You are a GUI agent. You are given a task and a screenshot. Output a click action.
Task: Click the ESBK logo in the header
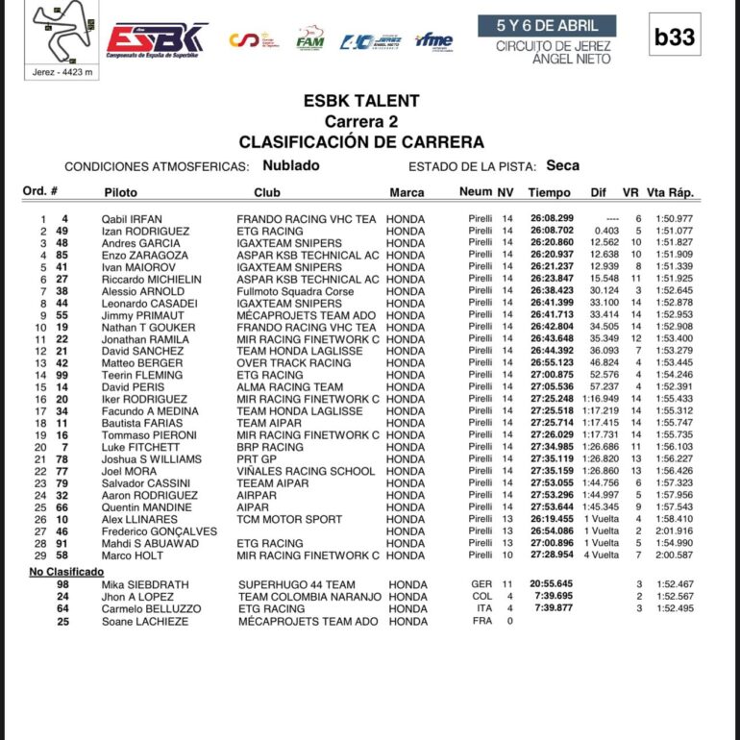(x=157, y=38)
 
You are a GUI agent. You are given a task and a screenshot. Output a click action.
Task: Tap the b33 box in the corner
(x=674, y=37)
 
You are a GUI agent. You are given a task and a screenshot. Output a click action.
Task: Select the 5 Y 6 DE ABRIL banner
(x=547, y=26)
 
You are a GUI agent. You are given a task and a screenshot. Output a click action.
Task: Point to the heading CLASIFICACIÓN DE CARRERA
(x=361, y=142)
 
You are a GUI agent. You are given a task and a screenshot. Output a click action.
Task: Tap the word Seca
(x=562, y=165)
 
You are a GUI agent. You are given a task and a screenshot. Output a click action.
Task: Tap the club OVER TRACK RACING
(x=294, y=363)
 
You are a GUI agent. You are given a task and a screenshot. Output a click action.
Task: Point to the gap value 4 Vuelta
(x=602, y=555)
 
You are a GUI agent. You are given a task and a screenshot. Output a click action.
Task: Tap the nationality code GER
(x=481, y=585)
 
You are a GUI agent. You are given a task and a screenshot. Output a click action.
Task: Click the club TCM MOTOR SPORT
(x=289, y=520)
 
